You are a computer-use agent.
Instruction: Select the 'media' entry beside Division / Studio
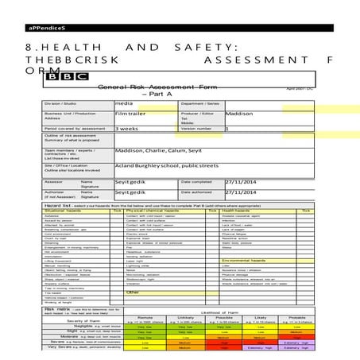coord(124,103)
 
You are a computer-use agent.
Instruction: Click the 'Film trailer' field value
coord(130,114)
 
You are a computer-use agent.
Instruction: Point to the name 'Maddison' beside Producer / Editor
coord(239,114)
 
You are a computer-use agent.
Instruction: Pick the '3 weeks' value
coord(126,128)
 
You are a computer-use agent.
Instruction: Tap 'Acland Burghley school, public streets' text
coord(162,164)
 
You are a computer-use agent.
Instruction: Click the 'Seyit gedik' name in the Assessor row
coord(131,182)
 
